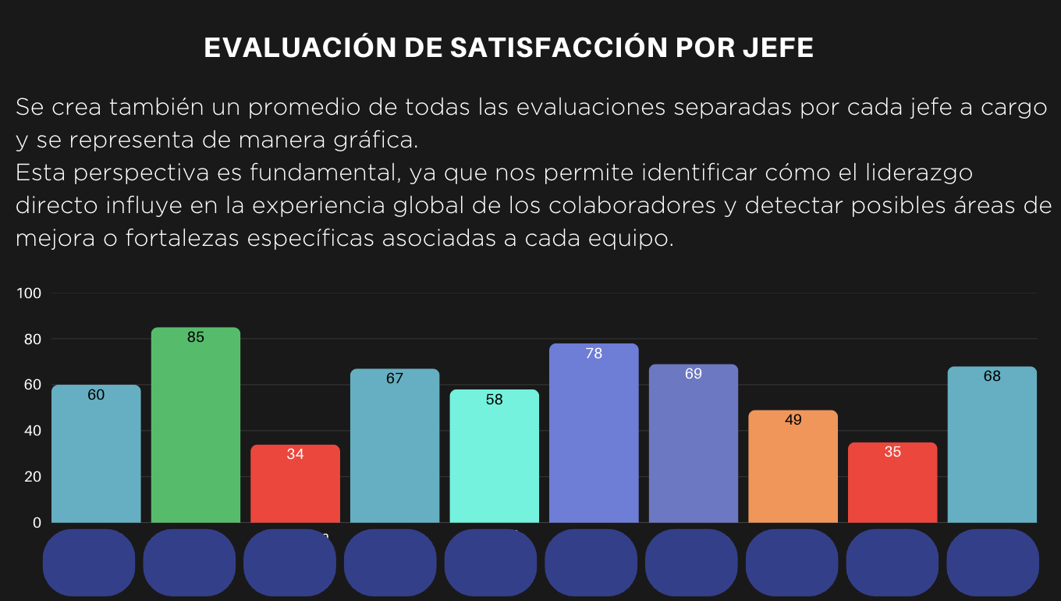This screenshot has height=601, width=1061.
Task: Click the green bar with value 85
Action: pos(195,425)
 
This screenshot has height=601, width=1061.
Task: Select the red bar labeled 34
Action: pos(295,484)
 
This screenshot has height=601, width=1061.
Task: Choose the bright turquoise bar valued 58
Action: pos(494,457)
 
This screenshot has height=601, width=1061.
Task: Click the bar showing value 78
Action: pos(594,433)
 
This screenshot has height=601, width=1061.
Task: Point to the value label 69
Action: pos(694,375)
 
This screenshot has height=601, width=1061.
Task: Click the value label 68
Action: pos(992,376)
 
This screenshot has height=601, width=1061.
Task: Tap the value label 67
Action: pos(395,379)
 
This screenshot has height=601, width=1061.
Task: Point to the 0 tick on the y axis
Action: pos(36,523)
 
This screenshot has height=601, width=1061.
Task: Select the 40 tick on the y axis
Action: pos(31,431)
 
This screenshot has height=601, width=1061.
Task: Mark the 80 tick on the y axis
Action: pos(31,340)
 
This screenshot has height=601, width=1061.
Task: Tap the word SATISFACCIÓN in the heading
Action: pos(556,48)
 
